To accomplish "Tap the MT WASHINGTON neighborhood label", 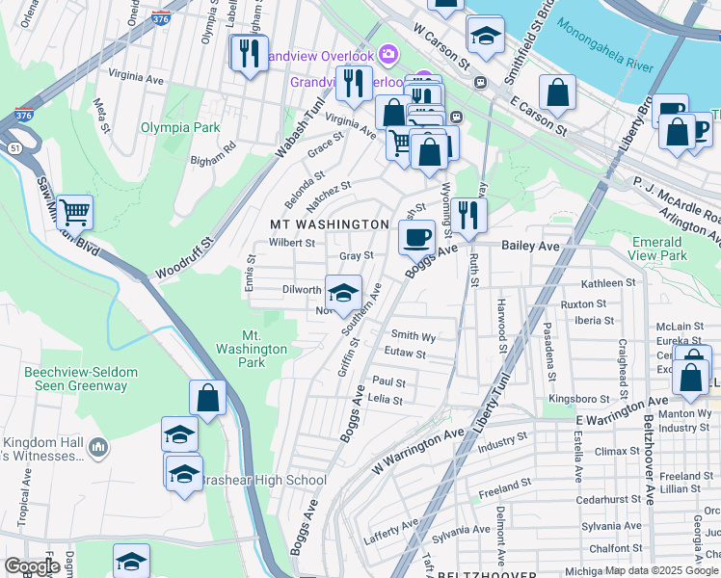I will (x=328, y=224).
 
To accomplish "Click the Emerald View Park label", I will (x=659, y=249).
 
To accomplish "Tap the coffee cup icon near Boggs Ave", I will (x=417, y=236).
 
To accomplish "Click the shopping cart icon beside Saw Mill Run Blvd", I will (x=74, y=211).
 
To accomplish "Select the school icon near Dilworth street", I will (x=343, y=293).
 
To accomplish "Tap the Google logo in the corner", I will (x=33, y=565).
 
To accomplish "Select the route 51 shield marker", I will (x=13, y=148).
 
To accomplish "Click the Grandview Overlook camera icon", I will (x=388, y=53).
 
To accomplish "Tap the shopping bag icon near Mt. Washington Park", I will (x=207, y=396).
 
